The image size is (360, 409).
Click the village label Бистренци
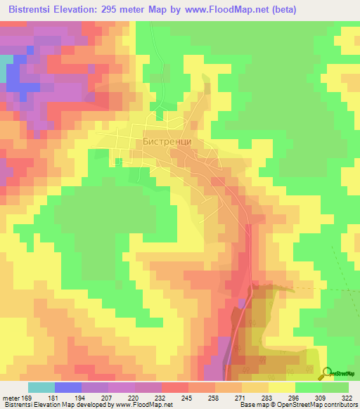click(167, 140)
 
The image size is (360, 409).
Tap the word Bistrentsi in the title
click(30, 10)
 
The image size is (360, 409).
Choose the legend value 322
click(347, 397)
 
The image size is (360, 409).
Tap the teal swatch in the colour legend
click(41, 387)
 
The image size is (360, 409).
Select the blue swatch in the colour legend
click(68, 387)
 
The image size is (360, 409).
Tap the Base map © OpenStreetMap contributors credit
click(298, 405)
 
